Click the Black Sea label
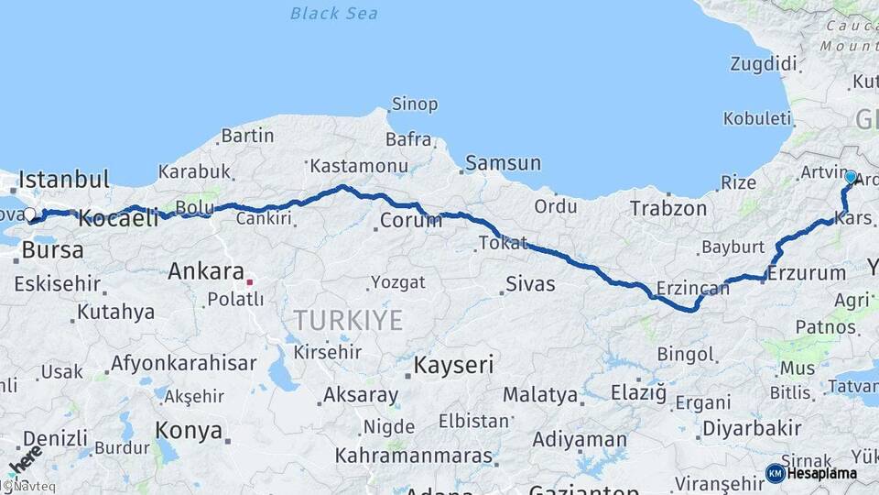(x=333, y=14)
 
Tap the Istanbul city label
(x=64, y=179)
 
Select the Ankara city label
(x=206, y=271)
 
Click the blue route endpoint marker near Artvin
(x=851, y=177)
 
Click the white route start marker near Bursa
(x=29, y=214)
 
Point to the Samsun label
(x=503, y=163)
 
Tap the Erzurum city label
(x=807, y=273)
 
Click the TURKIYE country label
(x=348, y=321)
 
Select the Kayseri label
(x=454, y=365)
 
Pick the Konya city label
(x=189, y=430)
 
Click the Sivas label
(x=531, y=283)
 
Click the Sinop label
(x=415, y=104)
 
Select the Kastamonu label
(x=358, y=166)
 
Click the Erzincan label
(x=692, y=290)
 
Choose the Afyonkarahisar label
(x=183, y=363)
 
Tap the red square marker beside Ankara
(x=249, y=281)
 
